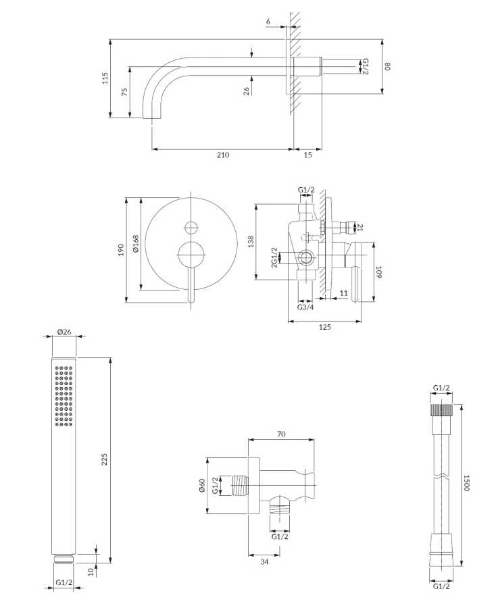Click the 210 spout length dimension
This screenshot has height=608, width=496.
[x=222, y=155]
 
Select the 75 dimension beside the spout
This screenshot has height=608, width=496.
[x=124, y=93]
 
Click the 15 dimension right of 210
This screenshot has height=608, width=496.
[x=307, y=155]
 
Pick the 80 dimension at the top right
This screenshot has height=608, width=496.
[x=389, y=66]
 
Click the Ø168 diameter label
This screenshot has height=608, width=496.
[x=135, y=243]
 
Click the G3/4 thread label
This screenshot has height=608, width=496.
[x=305, y=308]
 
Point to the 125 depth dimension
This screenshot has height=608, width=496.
[x=324, y=328]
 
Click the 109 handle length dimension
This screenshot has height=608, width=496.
[x=379, y=273]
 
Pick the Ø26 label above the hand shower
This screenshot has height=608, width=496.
[x=65, y=332]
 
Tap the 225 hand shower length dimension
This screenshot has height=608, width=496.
[x=104, y=459]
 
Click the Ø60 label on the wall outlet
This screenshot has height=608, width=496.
[x=201, y=486]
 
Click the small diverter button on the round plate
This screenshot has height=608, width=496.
[x=191, y=227]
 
